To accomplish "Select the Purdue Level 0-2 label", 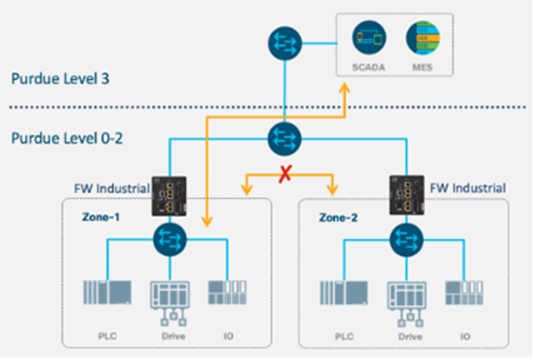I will [67, 137].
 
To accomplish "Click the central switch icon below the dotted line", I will [285, 137].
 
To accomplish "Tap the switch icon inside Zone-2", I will [405, 241].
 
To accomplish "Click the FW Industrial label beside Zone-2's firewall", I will [468, 187].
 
